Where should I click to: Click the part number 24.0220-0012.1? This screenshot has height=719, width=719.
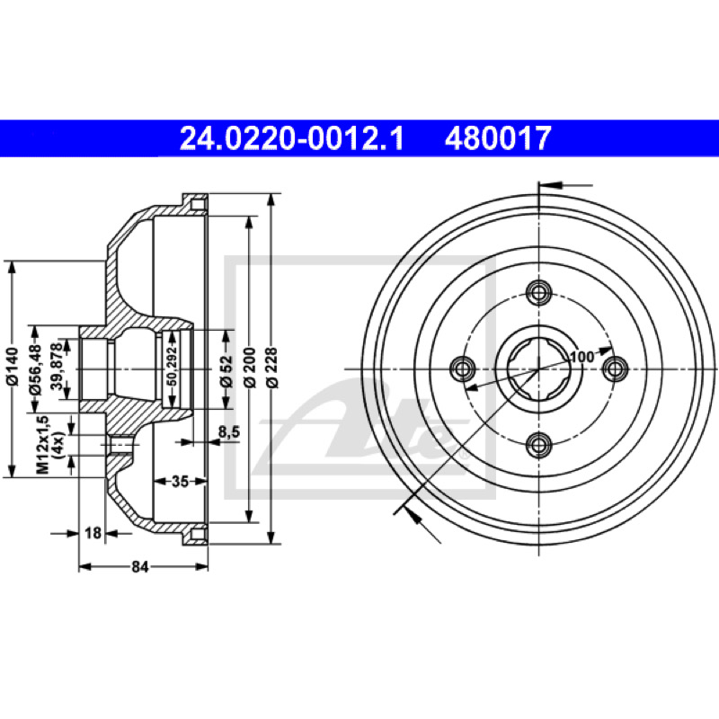(291, 138)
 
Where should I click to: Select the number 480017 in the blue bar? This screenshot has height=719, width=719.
(498, 138)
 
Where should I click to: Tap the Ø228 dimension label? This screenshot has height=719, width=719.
(272, 368)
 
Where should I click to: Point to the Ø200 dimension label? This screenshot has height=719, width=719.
(250, 368)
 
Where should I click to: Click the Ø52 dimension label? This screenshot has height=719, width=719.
(227, 370)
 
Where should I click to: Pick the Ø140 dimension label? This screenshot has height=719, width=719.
(13, 367)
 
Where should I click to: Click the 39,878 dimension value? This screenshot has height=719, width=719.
(58, 367)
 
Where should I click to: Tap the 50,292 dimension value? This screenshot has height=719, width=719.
(172, 367)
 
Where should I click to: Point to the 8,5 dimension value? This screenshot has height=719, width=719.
(229, 431)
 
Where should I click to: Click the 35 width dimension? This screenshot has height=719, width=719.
(180, 482)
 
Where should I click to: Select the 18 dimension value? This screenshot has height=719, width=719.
(93, 533)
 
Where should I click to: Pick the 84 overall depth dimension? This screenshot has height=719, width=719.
(140, 567)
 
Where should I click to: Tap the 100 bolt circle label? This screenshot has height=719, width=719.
(582, 356)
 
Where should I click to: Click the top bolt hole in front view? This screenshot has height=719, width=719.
(538, 292)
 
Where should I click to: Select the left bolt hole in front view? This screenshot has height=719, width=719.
(462, 368)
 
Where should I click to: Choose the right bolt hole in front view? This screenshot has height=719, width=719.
(616, 368)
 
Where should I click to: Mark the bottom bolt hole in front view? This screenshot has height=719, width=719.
(538, 445)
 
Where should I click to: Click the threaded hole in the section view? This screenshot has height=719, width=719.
(120, 445)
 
